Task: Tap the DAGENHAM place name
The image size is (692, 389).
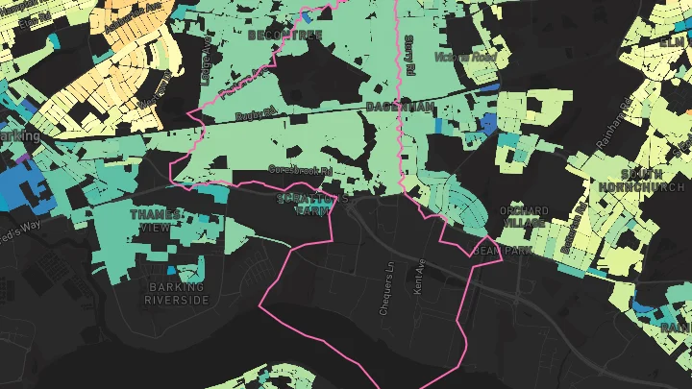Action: [400, 106]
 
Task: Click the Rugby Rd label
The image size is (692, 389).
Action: [256, 116]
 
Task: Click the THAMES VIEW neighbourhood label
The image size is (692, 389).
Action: [155, 220]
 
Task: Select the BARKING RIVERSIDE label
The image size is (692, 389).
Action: [177, 293]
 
